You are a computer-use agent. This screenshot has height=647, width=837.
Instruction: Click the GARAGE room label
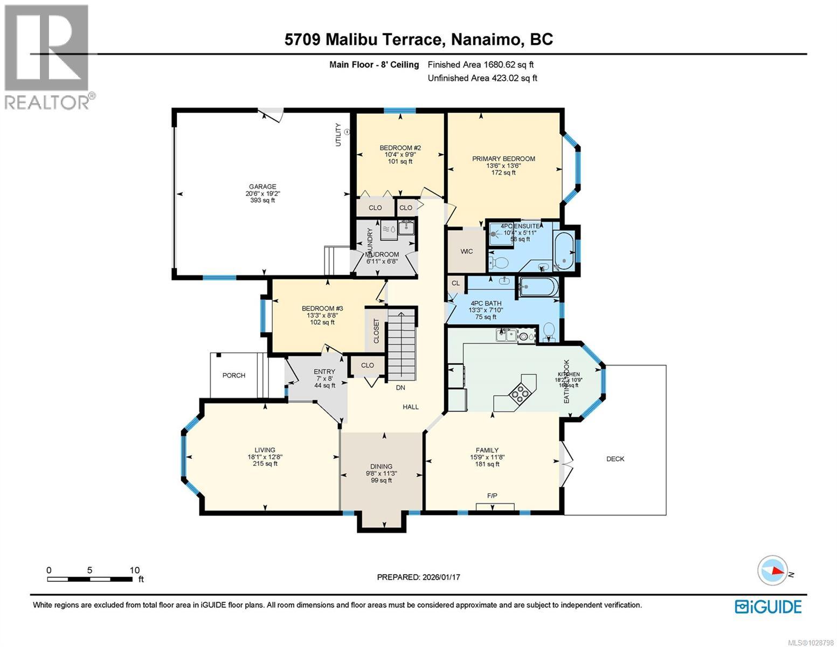click(262, 187)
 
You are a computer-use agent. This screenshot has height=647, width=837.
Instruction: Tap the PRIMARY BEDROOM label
click(503, 159)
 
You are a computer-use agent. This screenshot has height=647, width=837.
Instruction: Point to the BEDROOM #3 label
click(322, 309)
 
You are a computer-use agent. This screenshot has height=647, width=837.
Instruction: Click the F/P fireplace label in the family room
click(492, 495)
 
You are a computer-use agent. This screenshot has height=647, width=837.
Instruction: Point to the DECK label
click(615, 459)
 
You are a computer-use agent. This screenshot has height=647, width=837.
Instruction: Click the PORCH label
click(234, 375)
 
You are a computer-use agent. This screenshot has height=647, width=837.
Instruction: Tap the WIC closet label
click(467, 251)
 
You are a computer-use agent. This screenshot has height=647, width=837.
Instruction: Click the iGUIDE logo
click(768, 607)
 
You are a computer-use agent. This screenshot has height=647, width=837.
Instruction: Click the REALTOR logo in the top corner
click(47, 57)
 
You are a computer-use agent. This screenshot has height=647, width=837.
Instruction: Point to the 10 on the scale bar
click(134, 570)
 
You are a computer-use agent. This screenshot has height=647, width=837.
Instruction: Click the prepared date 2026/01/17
click(440, 577)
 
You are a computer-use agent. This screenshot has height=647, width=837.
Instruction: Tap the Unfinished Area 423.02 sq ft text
click(482, 78)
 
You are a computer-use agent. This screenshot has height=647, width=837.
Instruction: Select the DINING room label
click(381, 466)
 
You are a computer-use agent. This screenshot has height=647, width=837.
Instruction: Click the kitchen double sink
click(506, 335)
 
